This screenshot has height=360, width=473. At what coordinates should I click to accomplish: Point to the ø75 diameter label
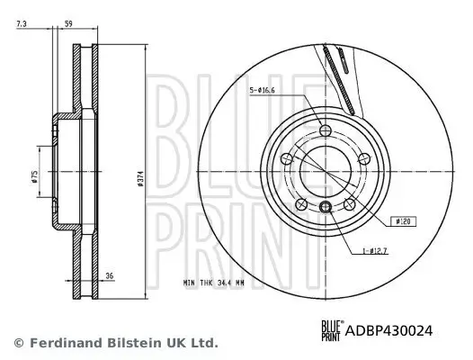point(34,176)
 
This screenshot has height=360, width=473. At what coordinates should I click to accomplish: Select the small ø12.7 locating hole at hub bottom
point(326,210)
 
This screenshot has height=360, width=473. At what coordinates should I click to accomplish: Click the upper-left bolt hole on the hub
point(287,159)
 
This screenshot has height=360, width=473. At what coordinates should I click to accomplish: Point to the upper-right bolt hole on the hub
point(364,159)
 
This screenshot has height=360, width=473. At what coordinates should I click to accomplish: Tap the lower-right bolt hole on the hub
point(350,204)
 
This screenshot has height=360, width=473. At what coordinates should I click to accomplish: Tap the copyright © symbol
point(18,343)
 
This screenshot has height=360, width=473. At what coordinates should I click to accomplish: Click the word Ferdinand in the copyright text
point(58,343)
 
